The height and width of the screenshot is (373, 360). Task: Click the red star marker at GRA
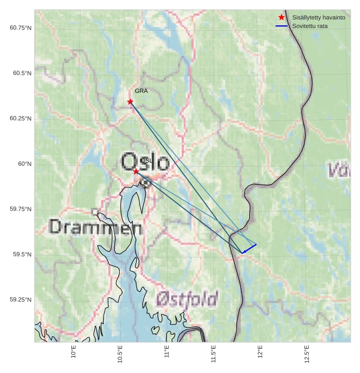(x=130, y=101)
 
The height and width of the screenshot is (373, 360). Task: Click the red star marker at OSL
(x=136, y=171)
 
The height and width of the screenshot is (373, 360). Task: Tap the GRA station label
(x=141, y=91)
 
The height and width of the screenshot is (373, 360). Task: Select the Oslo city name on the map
(x=145, y=162)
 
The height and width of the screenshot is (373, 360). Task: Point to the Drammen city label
(x=96, y=227)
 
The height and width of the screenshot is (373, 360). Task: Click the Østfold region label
(x=187, y=299)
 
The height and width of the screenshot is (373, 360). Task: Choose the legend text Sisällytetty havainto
(x=318, y=18)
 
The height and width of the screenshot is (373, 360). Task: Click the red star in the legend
(x=281, y=18)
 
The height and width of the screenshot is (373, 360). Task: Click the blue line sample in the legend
(x=281, y=26)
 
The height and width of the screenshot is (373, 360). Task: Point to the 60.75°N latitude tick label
(x=21, y=28)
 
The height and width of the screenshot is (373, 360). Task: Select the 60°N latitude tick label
(x=25, y=164)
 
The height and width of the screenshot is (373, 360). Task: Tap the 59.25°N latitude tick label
(x=21, y=300)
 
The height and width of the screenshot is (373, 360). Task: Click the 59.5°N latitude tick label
(x=23, y=254)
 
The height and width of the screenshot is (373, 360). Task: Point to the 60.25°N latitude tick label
(x=21, y=118)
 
